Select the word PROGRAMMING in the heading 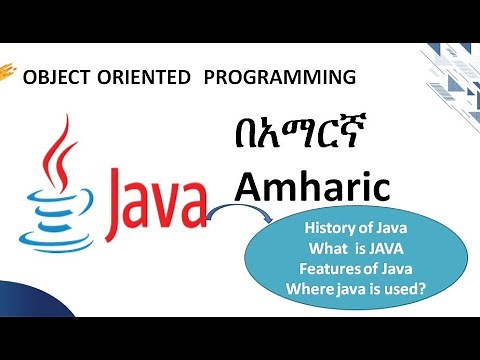point(279,77)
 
